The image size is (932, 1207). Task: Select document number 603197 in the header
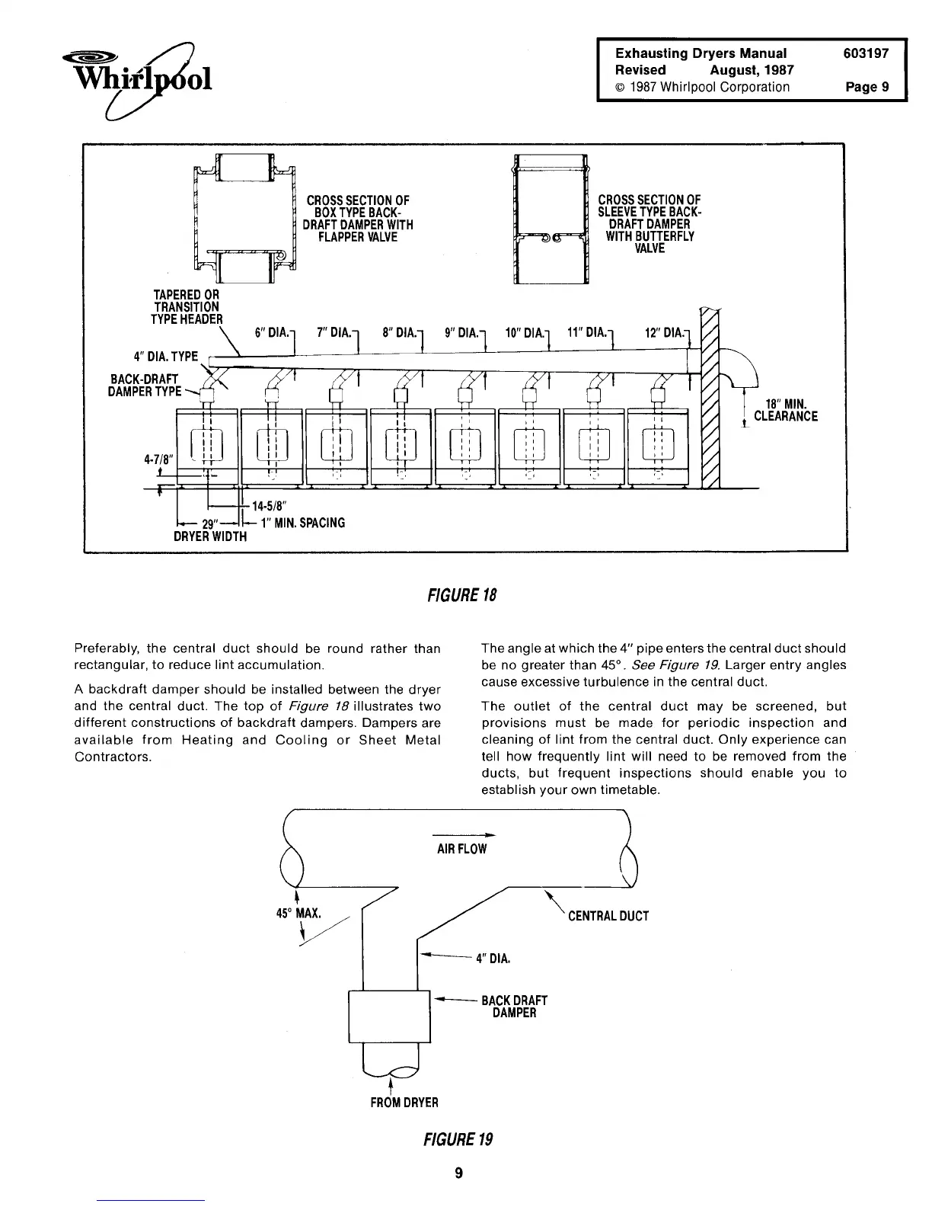pyautogui.click(x=866, y=53)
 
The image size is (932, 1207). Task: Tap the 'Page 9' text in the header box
pyautogui.click(x=867, y=87)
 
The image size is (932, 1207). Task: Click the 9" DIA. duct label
pyautogui.click(x=461, y=333)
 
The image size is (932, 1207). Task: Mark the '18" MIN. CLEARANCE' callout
pyautogui.click(x=785, y=409)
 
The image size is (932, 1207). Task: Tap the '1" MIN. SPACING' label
pyautogui.click(x=298, y=523)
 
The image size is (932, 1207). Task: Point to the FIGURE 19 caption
pyautogui.click(x=458, y=1139)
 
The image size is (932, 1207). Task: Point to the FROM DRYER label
pyautogui.click(x=404, y=1102)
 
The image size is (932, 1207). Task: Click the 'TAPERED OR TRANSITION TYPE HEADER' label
pyautogui.click(x=187, y=307)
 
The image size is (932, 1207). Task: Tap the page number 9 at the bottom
pyautogui.click(x=458, y=1172)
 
